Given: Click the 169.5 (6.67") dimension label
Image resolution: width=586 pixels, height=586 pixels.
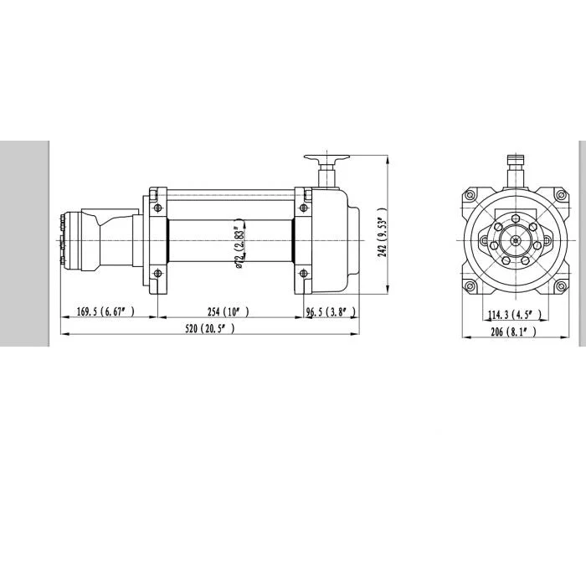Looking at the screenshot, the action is [105, 311].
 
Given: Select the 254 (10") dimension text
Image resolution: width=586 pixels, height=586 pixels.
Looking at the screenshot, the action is [228, 311].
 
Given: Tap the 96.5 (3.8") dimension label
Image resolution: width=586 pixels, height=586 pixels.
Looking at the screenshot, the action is [331, 311].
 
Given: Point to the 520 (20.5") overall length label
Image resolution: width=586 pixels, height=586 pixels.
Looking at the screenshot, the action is [210, 328].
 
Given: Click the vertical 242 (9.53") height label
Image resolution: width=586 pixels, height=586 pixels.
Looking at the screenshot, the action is [382, 232].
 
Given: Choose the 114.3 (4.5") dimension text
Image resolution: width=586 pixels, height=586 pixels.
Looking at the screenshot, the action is [515, 315].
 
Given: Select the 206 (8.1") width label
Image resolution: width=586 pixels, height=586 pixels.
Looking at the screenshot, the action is [513, 332].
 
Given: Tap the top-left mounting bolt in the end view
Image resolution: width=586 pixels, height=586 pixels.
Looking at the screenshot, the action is [470, 195].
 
